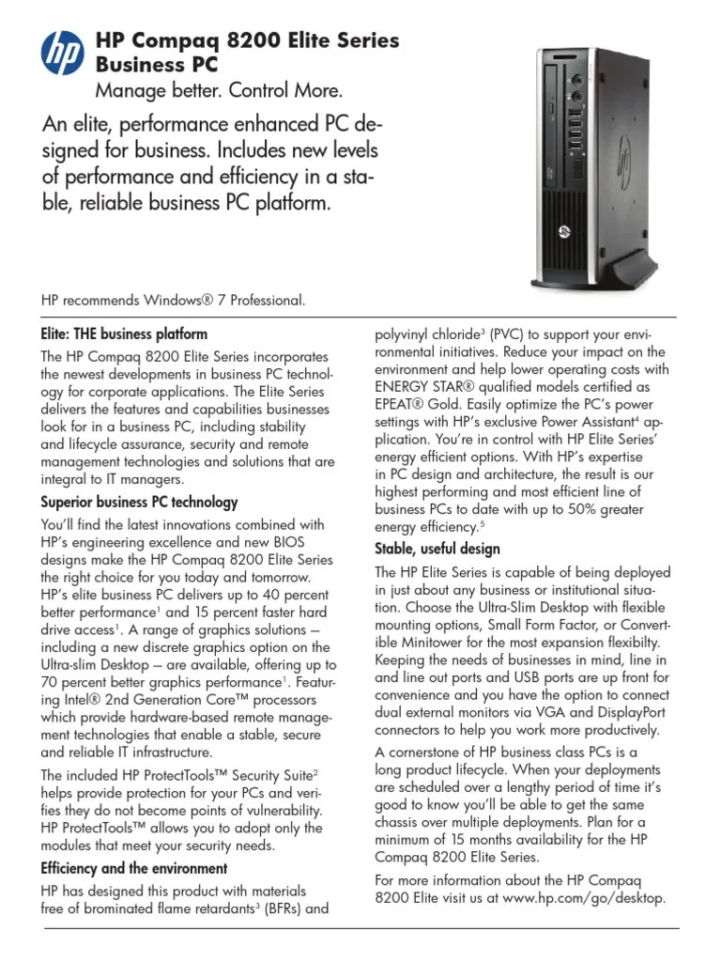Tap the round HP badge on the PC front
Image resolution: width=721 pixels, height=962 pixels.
coord(565,229)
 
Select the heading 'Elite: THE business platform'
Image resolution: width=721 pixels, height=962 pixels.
coord(123,334)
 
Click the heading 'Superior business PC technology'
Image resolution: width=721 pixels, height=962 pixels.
coord(139,502)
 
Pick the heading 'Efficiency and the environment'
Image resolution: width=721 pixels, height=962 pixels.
coord(133,868)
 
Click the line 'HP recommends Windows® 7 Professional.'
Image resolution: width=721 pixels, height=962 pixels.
coord(173,301)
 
